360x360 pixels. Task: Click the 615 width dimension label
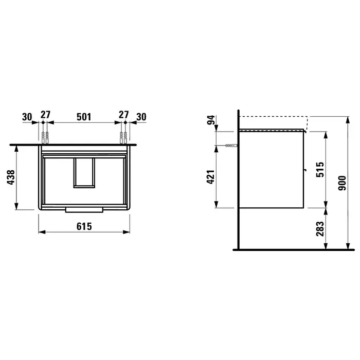(84, 226)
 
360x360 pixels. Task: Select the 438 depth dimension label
(11, 177)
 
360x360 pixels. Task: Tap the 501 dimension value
(84, 117)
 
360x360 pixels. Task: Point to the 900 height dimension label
(342, 183)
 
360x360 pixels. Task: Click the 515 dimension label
(320, 169)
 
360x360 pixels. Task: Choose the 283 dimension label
(320, 229)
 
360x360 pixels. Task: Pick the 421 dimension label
(211, 177)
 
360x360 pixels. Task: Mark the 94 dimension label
(211, 120)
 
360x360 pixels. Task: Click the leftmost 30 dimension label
(27, 117)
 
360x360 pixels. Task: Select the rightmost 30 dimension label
(141, 117)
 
